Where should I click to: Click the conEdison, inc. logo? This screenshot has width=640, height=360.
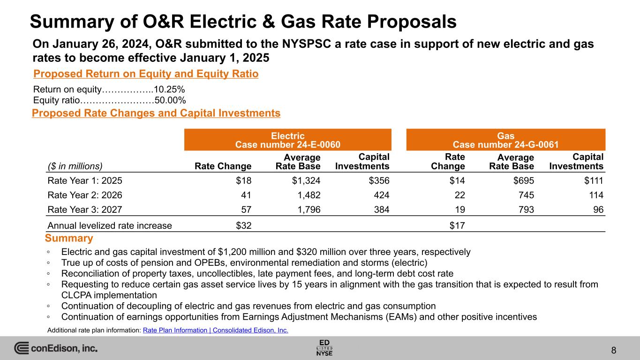click(56, 348)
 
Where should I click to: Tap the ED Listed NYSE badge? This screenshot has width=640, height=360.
click(324, 347)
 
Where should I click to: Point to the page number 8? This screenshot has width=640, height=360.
click(614, 350)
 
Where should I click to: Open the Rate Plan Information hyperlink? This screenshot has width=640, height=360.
click(215, 330)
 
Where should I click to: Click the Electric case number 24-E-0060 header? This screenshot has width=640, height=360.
click(287, 140)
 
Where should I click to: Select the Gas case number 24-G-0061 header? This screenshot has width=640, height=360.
click(505, 140)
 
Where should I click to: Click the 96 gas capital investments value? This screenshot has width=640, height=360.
click(597, 210)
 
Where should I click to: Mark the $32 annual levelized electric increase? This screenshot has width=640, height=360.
click(243, 225)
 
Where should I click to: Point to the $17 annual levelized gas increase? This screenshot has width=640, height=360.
click(457, 225)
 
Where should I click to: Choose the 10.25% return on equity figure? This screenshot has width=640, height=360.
click(169, 90)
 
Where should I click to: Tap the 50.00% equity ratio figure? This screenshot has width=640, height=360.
click(170, 100)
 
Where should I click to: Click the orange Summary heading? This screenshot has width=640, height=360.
click(69, 239)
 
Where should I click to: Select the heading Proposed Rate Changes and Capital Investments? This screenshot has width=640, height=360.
click(156, 113)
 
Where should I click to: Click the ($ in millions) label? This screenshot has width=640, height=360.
click(75, 165)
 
